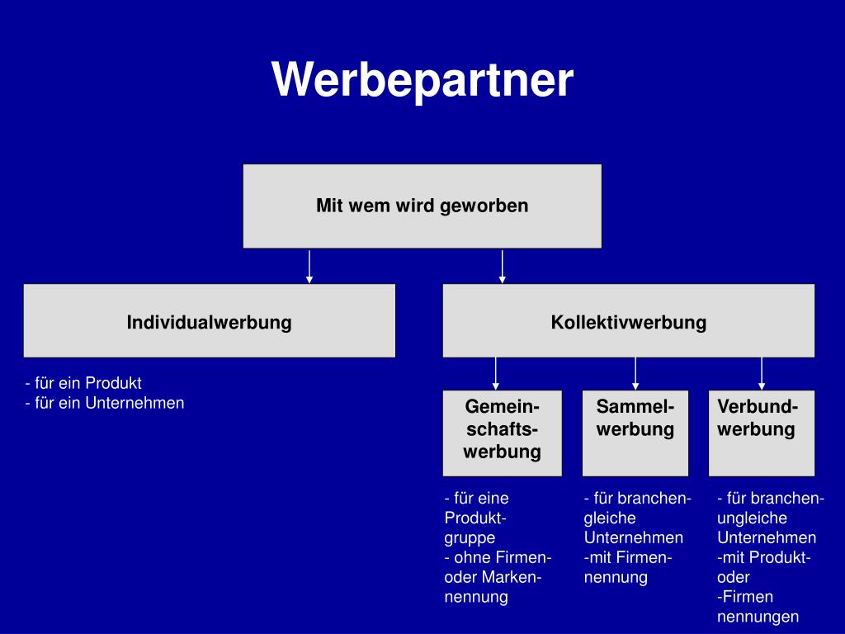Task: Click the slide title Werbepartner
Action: click(x=422, y=81)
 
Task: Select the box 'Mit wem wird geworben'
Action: click(x=422, y=206)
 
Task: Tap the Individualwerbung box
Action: click(x=209, y=321)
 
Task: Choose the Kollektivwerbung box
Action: click(x=628, y=321)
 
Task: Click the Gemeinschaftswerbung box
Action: click(x=502, y=433)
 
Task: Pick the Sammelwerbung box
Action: click(x=635, y=433)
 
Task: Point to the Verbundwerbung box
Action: click(x=761, y=433)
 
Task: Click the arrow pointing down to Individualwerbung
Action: click(x=309, y=266)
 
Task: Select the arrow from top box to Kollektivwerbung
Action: click(x=502, y=266)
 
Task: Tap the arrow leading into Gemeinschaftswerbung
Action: click(x=496, y=373)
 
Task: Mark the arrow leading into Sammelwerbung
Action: click(x=635, y=373)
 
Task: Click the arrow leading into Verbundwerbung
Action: click(x=762, y=373)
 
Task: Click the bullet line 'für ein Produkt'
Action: click(x=84, y=383)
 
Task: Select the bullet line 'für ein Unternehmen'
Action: click(x=105, y=403)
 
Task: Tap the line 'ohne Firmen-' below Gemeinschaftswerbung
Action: click(x=498, y=557)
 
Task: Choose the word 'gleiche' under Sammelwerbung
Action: click(x=610, y=518)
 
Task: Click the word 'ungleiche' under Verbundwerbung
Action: click(x=752, y=518)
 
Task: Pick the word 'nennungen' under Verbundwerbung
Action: click(x=758, y=617)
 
